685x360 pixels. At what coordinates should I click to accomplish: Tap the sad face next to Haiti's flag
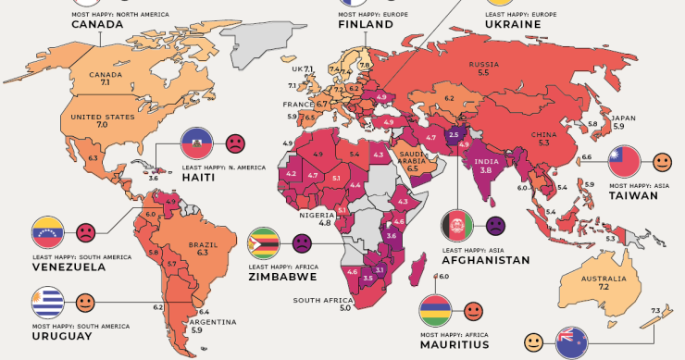tap(235, 143)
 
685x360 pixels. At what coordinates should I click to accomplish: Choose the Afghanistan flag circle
tap(457, 225)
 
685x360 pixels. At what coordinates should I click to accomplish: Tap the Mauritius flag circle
tap(437, 310)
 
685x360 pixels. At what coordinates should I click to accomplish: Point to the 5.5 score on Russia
tap(483, 72)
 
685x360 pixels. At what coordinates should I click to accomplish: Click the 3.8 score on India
tap(482, 170)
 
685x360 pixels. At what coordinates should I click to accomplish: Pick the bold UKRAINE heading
tap(512, 24)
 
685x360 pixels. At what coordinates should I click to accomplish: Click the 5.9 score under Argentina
tap(197, 330)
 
